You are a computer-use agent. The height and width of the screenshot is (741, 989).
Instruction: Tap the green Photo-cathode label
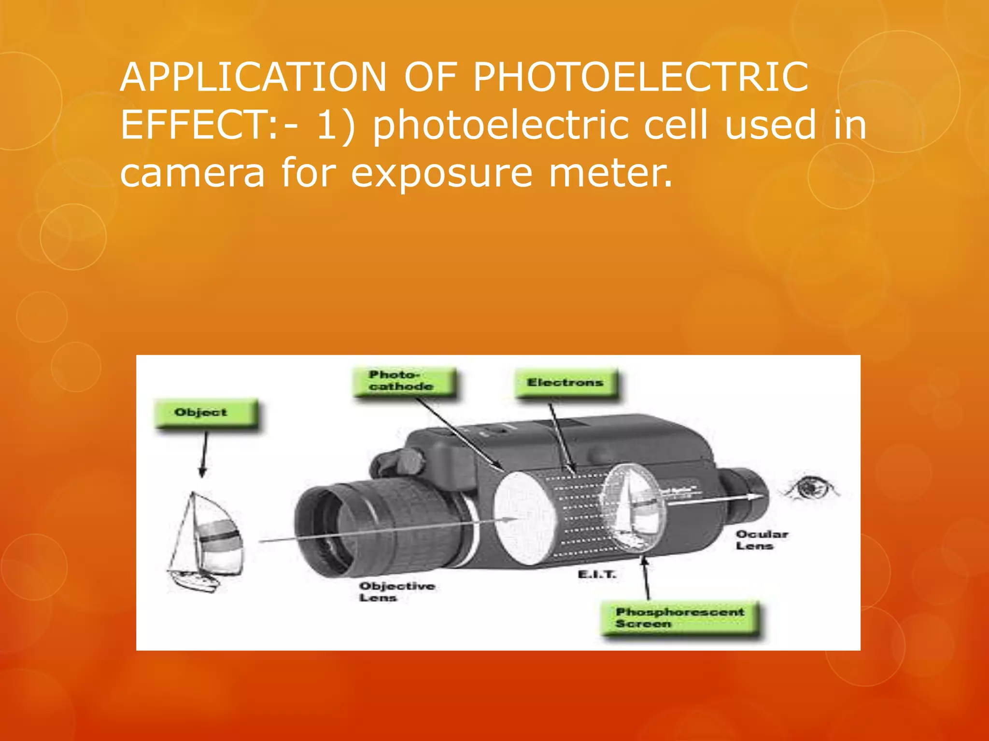tap(404, 381)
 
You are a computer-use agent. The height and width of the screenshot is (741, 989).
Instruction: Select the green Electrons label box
tap(566, 383)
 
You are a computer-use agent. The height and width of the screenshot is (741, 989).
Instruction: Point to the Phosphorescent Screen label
tap(679, 618)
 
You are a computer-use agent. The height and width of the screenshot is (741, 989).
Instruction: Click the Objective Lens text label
tap(396, 591)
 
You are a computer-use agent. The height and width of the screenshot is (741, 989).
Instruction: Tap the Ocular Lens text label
tap(762, 540)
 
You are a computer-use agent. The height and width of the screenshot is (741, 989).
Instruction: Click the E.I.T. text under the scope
tap(597, 575)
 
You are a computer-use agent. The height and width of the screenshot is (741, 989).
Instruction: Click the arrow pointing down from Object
tap(204, 453)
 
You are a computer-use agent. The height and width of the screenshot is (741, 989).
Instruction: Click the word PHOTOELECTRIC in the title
tap(640, 77)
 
